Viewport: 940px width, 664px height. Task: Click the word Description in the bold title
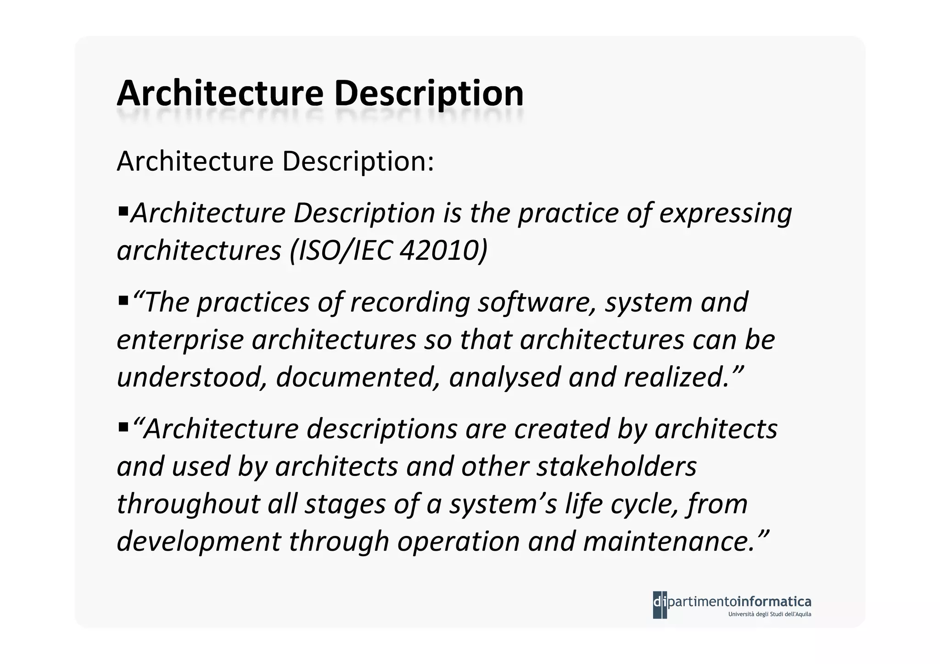click(429, 94)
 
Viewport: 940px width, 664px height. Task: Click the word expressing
click(725, 214)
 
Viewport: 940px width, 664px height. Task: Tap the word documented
click(358, 377)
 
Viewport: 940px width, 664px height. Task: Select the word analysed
click(505, 377)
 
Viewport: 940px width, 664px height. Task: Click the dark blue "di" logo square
click(660, 605)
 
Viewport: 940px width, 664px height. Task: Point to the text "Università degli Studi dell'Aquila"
click(770, 614)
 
